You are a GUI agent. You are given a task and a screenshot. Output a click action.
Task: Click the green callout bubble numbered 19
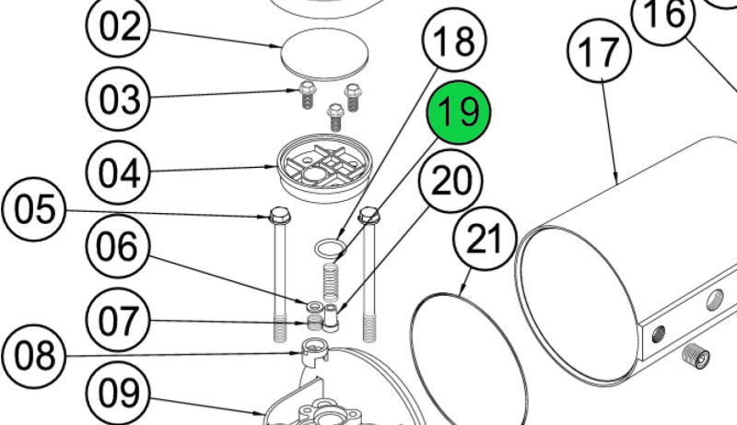click(458, 112)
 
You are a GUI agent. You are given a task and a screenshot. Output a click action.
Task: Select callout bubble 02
click(118, 26)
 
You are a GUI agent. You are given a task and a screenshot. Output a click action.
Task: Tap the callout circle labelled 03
click(118, 99)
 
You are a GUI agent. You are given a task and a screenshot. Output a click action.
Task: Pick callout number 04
click(119, 172)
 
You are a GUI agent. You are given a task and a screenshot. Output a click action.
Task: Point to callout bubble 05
click(34, 209)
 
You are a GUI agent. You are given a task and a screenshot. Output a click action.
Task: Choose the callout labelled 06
click(118, 246)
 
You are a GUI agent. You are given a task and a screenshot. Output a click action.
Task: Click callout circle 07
click(118, 320)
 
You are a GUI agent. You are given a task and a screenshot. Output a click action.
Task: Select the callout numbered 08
click(34, 357)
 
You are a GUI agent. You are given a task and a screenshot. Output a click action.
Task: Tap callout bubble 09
click(118, 393)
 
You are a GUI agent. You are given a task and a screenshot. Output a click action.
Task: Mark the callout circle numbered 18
click(454, 40)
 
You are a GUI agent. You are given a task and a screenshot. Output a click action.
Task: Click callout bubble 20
click(450, 181)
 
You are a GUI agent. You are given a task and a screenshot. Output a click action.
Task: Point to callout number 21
click(485, 239)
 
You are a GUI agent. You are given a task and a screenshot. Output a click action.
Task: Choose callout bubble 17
click(600, 51)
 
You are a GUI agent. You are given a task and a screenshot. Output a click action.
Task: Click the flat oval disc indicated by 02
click(324, 54)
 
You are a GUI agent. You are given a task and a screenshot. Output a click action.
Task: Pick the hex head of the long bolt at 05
click(280, 216)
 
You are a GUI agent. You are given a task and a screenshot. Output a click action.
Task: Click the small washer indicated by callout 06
click(314, 307)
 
